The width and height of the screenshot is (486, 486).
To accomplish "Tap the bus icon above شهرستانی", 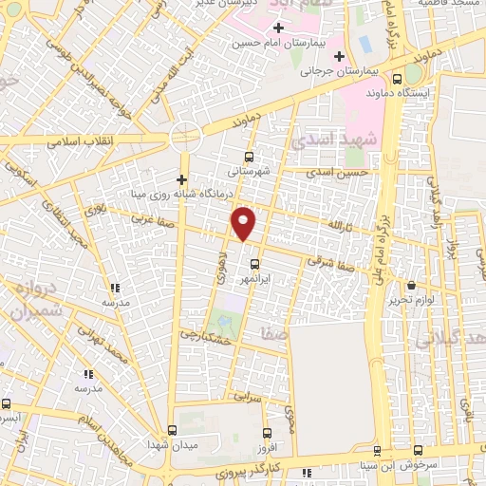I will coord(249,157).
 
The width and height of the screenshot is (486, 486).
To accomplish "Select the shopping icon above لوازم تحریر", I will coord(411,285).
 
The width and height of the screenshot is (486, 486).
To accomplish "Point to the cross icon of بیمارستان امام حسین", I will coord(277,28).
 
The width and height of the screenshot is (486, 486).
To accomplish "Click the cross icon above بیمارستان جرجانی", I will coord(339,56).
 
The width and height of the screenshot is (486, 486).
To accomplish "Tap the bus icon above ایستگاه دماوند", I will coord(397,80).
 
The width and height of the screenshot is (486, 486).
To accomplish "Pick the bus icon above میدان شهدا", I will coord(172,429).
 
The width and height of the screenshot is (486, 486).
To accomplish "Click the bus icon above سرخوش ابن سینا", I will coord(377,451).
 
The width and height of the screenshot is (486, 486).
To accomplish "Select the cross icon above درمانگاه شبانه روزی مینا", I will coord(181,179).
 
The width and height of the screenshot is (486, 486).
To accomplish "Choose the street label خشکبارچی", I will coord(204,336).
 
